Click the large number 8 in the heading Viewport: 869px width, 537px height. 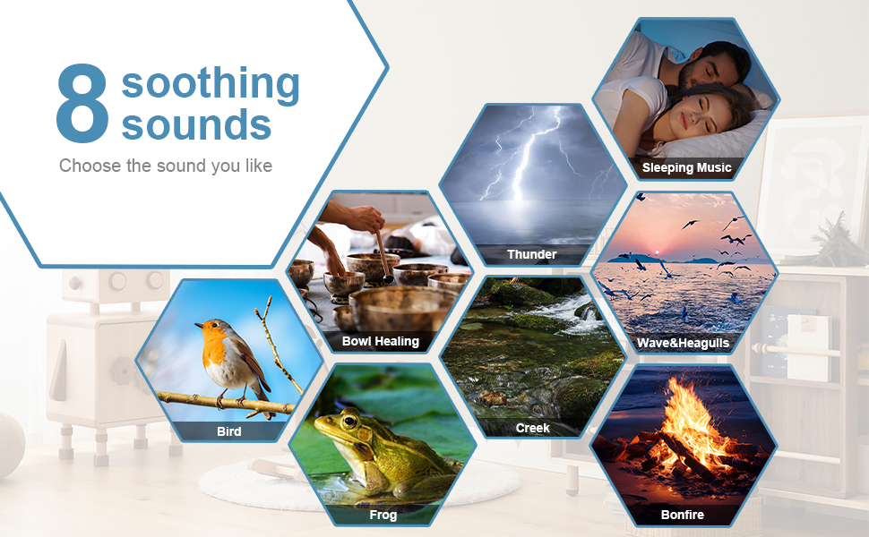(x=82, y=103)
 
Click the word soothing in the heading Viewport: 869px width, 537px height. (x=211, y=84)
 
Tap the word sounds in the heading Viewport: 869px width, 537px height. (x=196, y=124)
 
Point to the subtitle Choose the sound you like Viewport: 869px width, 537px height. (x=166, y=166)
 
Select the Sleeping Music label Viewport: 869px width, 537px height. (x=686, y=167)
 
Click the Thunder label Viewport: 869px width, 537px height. (x=531, y=255)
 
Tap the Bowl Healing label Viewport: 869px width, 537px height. (x=380, y=341)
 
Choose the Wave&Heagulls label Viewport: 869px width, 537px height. (x=683, y=344)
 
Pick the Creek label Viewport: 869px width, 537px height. (x=532, y=428)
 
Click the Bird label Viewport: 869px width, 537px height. (x=228, y=431)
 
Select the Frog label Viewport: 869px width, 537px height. (x=383, y=515)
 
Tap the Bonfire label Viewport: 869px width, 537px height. (x=683, y=515)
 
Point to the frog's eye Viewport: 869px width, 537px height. (x=349, y=422)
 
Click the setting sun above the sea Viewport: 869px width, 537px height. (x=658, y=252)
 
